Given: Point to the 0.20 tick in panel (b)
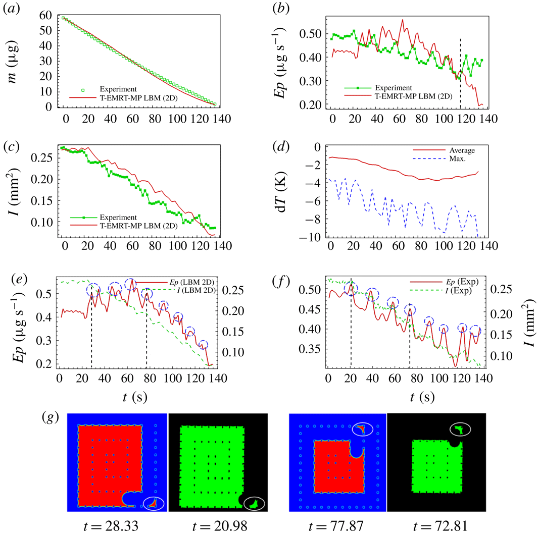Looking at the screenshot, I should [x=311, y=105].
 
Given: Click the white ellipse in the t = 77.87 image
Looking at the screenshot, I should [x=362, y=429].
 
